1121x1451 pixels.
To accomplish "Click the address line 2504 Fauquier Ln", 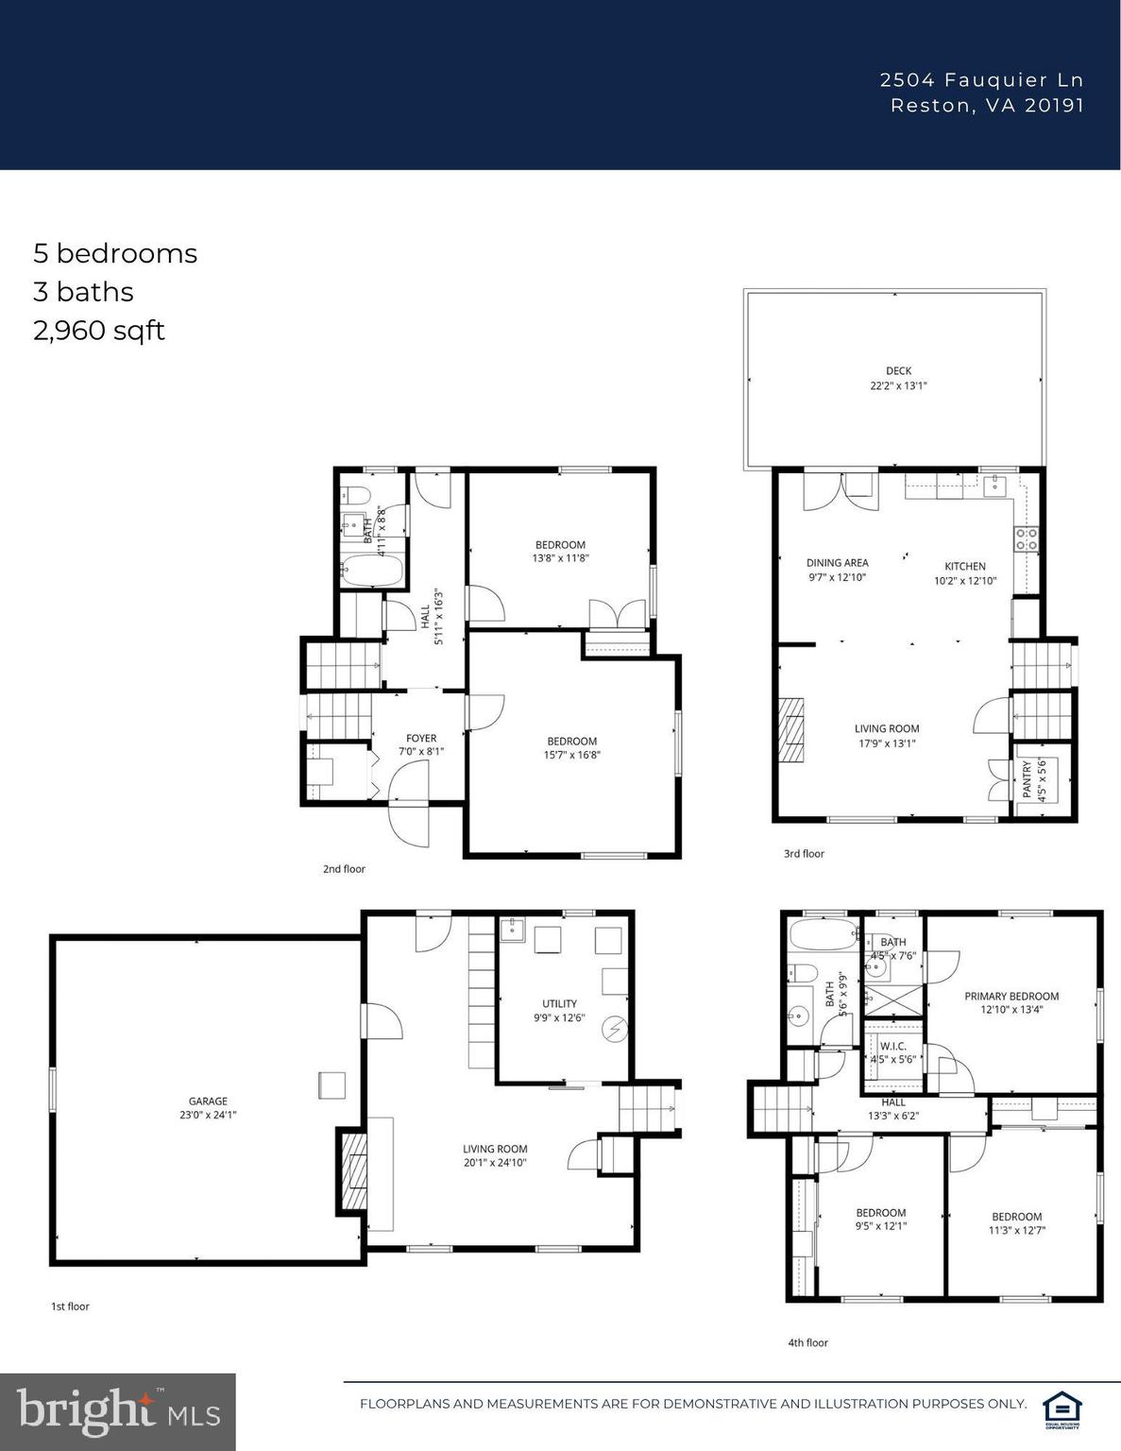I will tap(981, 80).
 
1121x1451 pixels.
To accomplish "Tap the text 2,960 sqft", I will tap(99, 331).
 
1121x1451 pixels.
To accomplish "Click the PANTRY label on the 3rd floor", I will tap(1028, 780).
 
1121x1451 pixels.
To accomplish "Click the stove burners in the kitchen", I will tap(1026, 539).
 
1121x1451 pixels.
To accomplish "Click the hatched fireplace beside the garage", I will tap(354, 1171).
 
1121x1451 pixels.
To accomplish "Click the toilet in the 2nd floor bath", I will tap(356, 494).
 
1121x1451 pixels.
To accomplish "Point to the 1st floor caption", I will tap(70, 1306).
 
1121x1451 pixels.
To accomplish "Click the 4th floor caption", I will tap(807, 1342).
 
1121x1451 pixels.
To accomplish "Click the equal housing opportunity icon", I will tap(1061, 1405).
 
